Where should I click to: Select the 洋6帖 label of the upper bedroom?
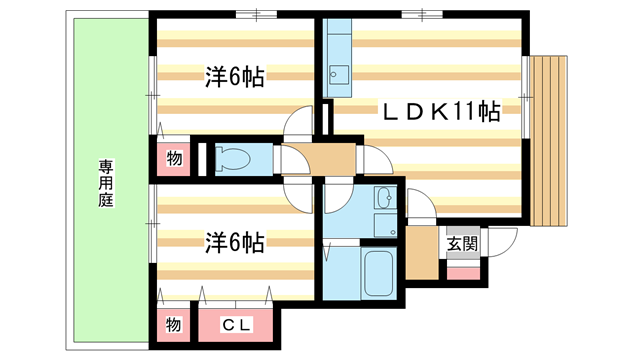click(x=235, y=78)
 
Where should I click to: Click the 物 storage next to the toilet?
click(x=173, y=158)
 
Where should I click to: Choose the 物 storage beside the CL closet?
click(x=172, y=324)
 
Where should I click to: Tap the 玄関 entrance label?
click(x=461, y=243)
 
